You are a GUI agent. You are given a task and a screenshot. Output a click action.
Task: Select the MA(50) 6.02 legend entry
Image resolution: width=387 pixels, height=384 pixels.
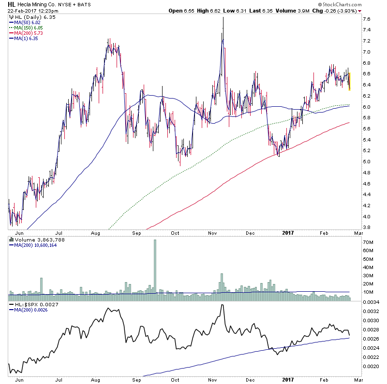(28, 22)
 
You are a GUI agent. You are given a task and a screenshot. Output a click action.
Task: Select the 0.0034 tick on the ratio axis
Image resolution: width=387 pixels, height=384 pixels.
(370, 302)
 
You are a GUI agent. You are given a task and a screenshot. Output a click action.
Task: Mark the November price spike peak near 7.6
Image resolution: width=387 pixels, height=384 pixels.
(223, 18)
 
